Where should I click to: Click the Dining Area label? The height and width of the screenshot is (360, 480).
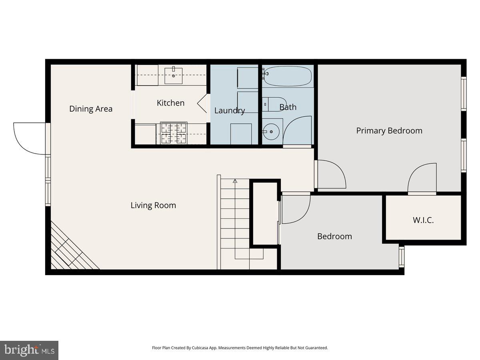tap(91, 109)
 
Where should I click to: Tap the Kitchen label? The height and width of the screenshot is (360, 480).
tap(170, 103)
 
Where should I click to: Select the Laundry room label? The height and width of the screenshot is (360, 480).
tap(230, 110)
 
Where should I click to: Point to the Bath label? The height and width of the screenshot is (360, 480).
tap(288, 107)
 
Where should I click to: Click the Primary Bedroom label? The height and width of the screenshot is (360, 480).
tap(389, 130)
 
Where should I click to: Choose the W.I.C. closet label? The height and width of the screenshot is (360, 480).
tap(423, 220)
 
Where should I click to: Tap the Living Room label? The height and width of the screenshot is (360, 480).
tap(153, 205)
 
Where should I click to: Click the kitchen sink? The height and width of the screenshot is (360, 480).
tap(174, 76)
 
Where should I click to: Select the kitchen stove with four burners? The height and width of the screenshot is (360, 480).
tap(174, 133)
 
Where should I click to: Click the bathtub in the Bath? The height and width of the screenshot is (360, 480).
tap(288, 76)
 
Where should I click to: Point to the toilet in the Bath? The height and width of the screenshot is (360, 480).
tap(274, 104)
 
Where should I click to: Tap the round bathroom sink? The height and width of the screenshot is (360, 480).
tap(271, 131)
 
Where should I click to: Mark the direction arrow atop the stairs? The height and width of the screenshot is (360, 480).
tap(235, 181)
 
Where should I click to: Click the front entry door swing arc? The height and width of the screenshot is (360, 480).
tap(28, 138)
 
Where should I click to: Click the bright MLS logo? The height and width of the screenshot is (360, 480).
tap(29, 350)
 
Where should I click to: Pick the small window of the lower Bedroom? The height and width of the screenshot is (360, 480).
tap(402, 257)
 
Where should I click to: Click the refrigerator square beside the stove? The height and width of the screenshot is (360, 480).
tap(145, 134)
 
